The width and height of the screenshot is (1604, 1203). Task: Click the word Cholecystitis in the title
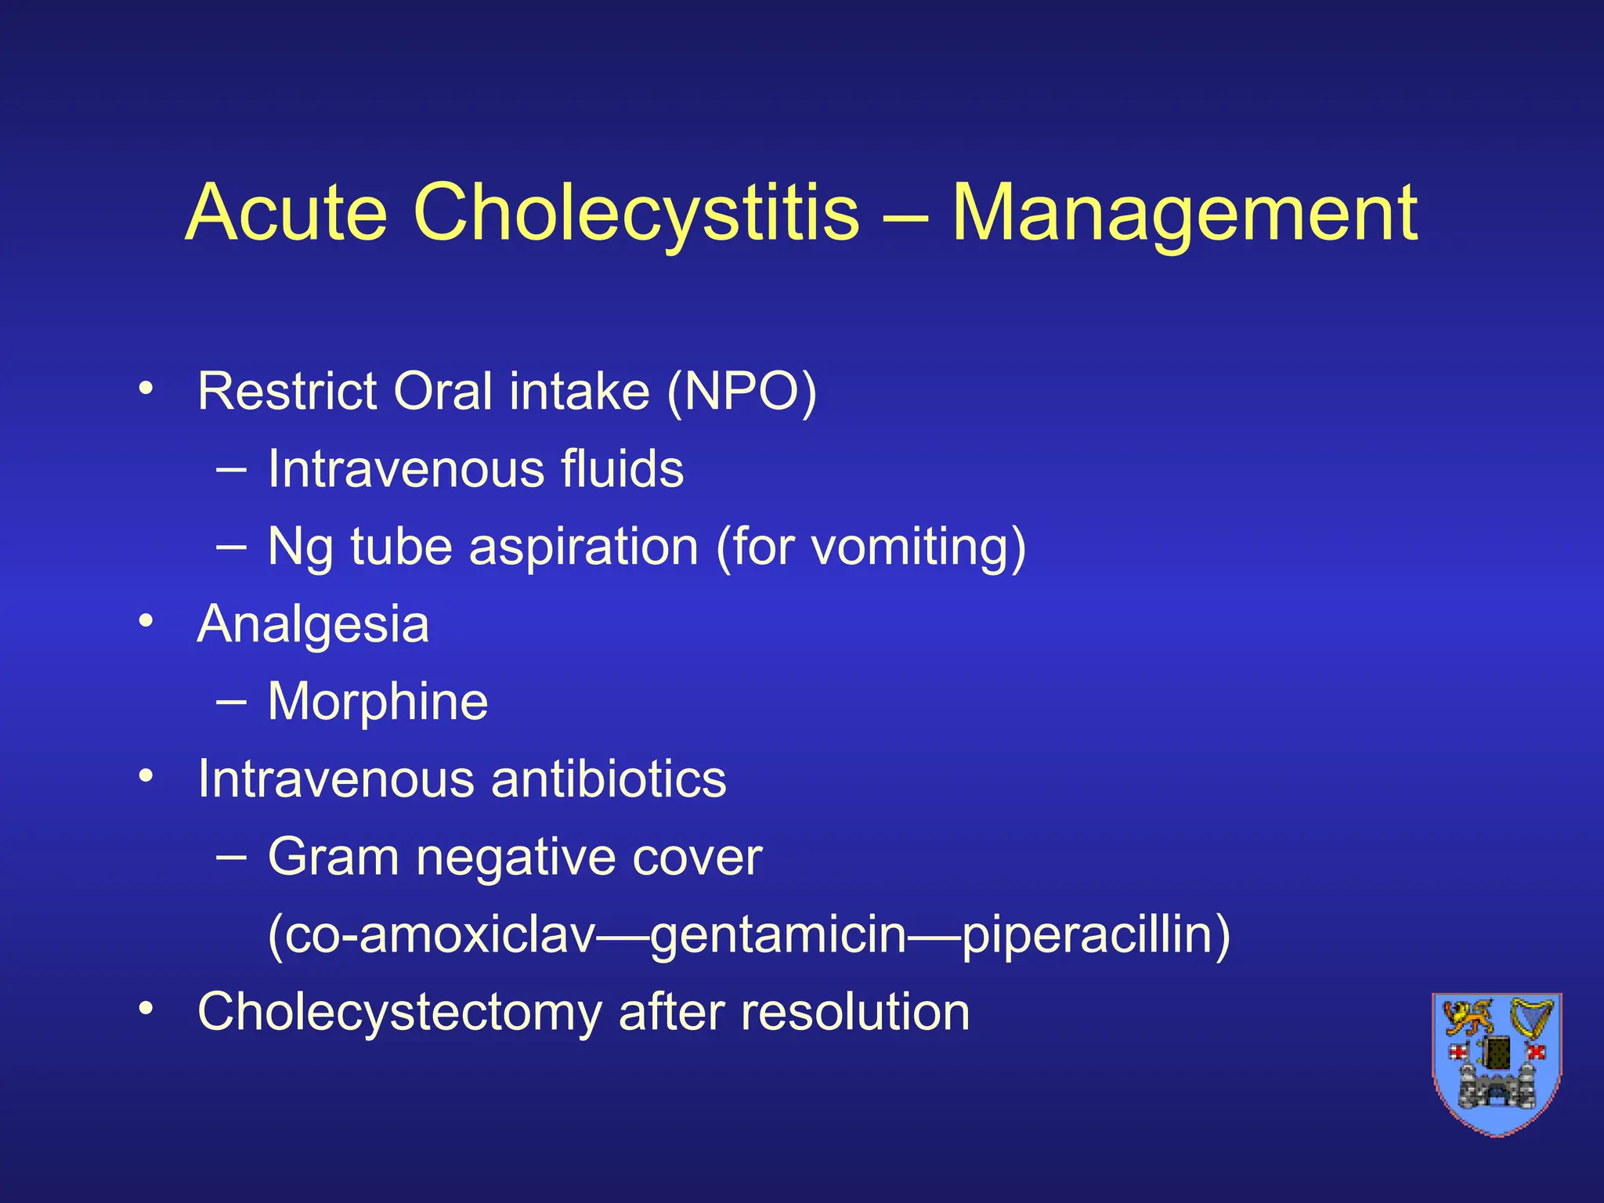[x=635, y=213]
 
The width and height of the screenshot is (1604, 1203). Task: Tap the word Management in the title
[x=1183, y=213]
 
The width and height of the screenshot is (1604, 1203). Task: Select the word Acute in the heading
[x=287, y=213]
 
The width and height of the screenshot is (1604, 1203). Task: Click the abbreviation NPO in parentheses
[x=741, y=391]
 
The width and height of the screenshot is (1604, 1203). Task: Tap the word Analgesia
[x=313, y=624]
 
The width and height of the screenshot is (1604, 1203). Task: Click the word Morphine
[x=378, y=701]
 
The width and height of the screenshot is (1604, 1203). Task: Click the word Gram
[x=334, y=856]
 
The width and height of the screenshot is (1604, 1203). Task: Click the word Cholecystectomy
[x=400, y=1011]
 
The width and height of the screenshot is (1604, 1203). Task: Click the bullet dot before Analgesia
[x=145, y=621]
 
